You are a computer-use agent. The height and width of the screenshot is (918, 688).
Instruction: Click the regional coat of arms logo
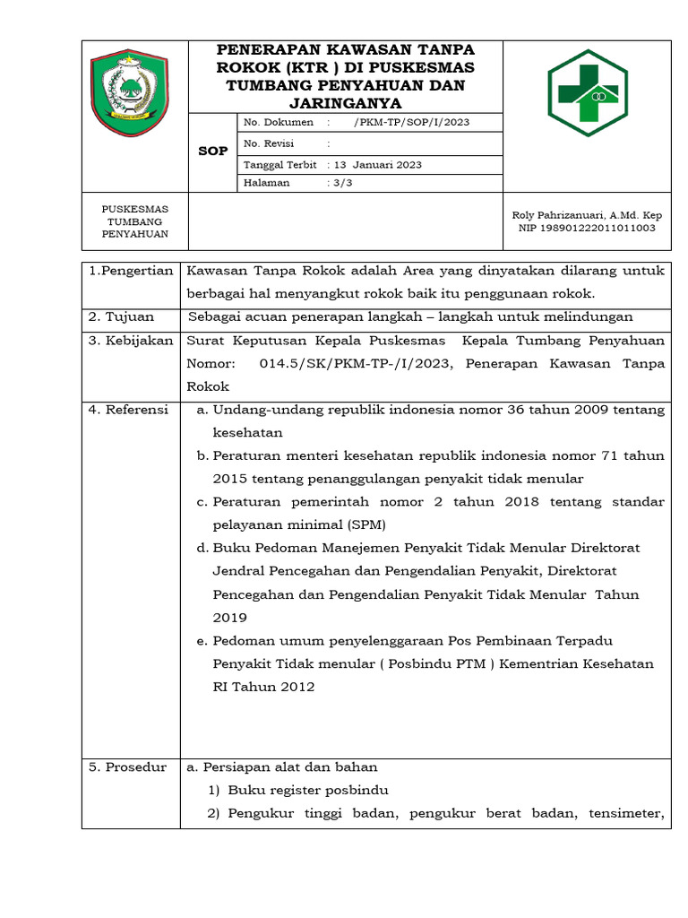tap(130, 92)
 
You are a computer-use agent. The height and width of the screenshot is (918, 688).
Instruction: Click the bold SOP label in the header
tap(212, 151)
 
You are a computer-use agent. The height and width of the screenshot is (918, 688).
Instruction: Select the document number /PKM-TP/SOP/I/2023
tap(412, 123)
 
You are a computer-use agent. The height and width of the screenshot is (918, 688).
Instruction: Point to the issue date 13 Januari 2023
tap(377, 165)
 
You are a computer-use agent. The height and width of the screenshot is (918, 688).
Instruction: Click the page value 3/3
tap(345, 183)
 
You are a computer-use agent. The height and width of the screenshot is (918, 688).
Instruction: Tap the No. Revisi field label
tap(269, 143)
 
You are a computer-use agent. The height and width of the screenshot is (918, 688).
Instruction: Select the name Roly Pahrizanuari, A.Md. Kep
tap(587, 215)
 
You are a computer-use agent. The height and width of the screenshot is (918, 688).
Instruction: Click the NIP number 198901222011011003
tap(588, 228)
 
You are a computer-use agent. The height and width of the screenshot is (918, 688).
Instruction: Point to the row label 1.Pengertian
tap(130, 271)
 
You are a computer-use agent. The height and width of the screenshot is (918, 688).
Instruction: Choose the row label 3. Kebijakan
tap(130, 341)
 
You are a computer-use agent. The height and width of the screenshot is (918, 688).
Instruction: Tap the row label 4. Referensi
tap(128, 410)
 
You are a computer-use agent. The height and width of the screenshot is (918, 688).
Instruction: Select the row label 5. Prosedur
tap(127, 766)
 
